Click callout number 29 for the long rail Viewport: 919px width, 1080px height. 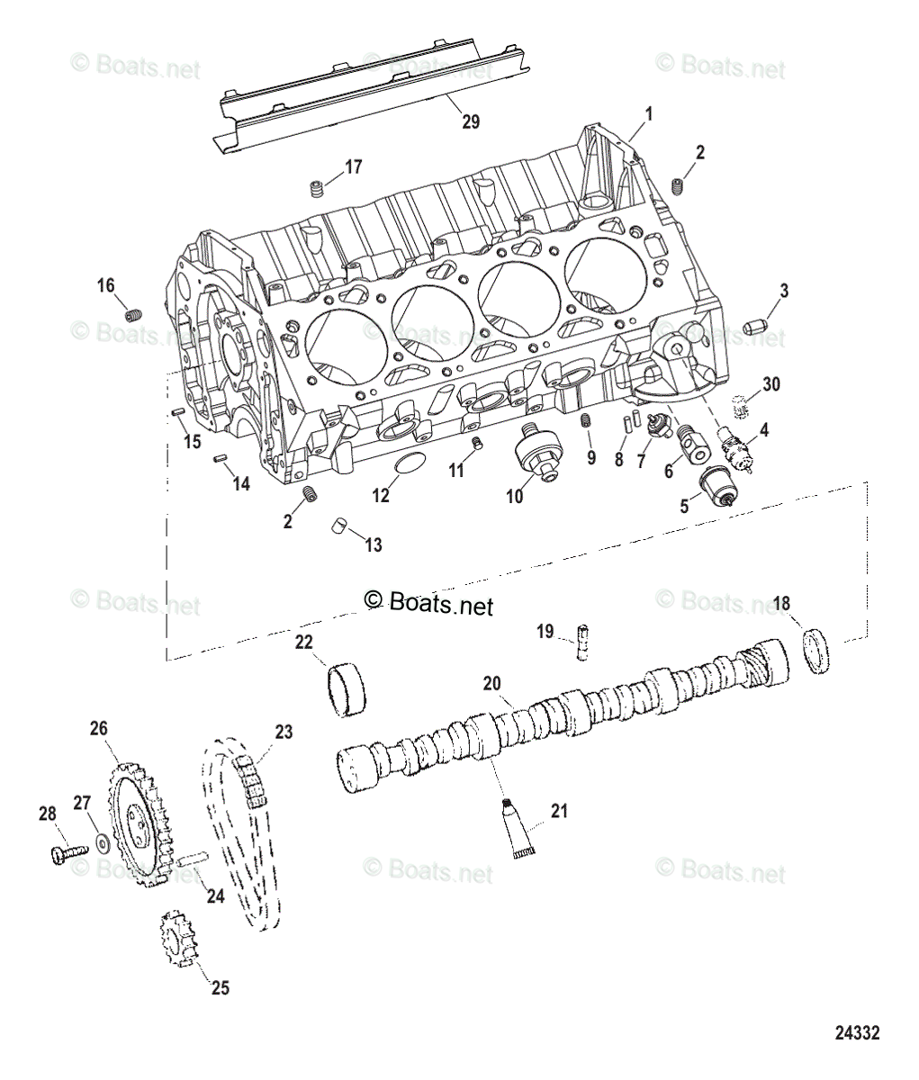471,121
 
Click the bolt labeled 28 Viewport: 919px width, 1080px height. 64,851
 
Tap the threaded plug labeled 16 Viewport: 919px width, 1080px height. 135,315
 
